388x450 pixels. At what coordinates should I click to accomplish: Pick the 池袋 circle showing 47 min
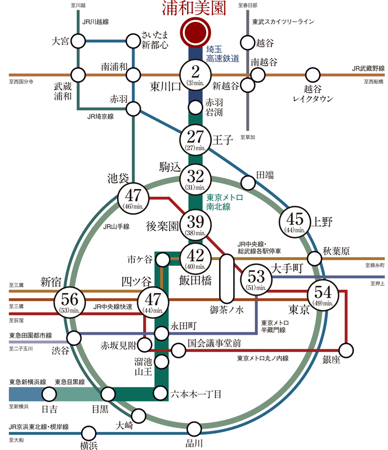pyautogui.click(x=133, y=198)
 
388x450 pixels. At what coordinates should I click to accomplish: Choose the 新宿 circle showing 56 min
pyautogui.click(x=70, y=302)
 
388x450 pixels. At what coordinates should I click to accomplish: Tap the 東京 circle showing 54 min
pyautogui.click(x=323, y=295)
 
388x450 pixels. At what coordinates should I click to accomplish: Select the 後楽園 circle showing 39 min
pyautogui.click(x=195, y=223)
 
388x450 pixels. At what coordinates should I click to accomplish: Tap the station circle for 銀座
pyautogui.click(x=347, y=350)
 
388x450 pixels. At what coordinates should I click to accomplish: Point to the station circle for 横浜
pyautogui.click(x=88, y=433)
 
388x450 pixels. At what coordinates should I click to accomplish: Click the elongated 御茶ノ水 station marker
pyautogui.click(x=227, y=278)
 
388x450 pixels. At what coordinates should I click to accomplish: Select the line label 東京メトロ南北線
pyautogui.click(x=224, y=202)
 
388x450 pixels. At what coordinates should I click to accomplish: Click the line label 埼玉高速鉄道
pyautogui.click(x=223, y=53)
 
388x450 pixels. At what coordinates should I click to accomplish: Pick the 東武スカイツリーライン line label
pyautogui.click(x=283, y=22)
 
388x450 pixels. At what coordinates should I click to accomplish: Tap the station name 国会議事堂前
pyautogui.click(x=215, y=342)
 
